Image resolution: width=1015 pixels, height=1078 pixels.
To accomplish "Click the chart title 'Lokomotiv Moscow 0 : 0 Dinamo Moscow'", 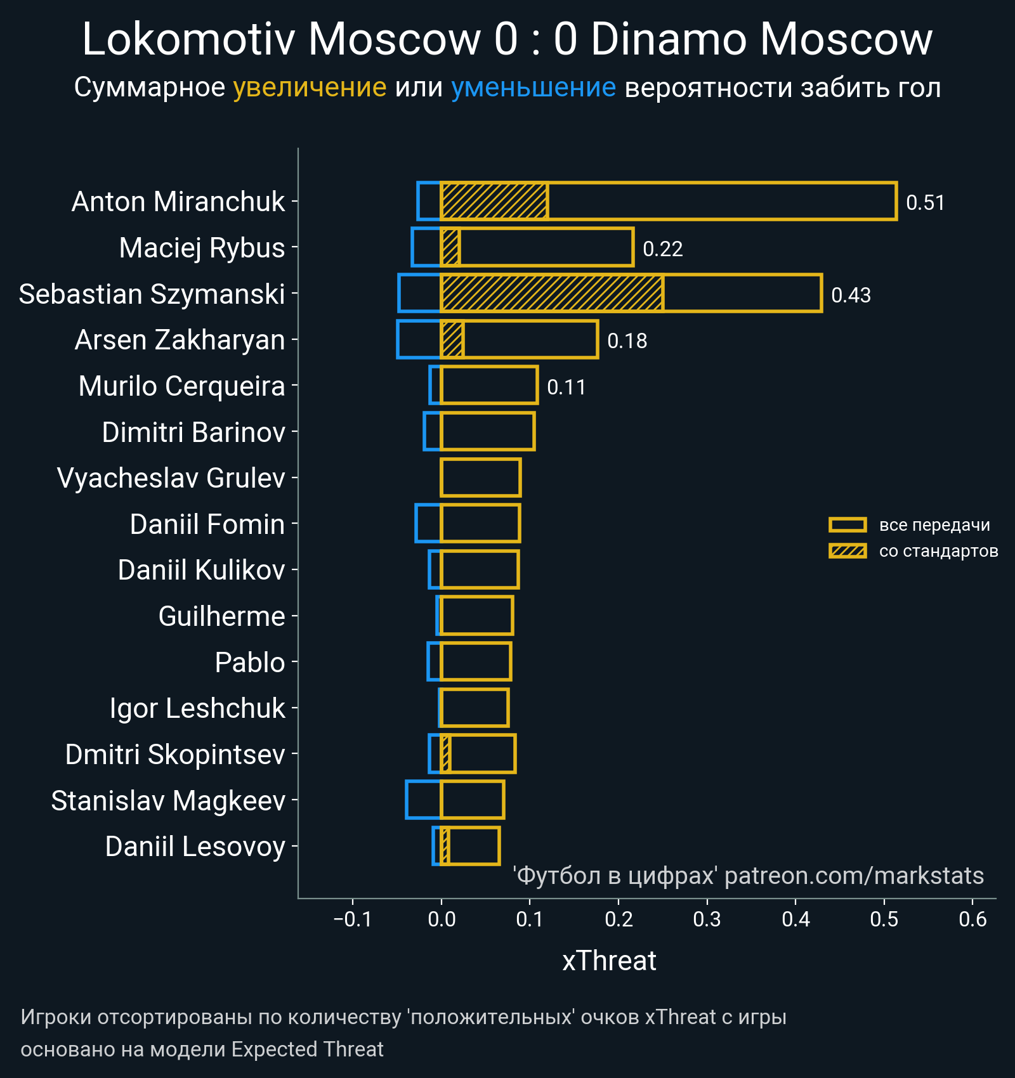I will [x=507, y=39].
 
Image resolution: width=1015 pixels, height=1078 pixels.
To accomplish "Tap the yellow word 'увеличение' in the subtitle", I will [x=310, y=88].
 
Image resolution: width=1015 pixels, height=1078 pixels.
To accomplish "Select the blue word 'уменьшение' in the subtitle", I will [x=533, y=88].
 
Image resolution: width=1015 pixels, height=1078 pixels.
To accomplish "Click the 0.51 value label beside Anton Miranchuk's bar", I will [x=925, y=203].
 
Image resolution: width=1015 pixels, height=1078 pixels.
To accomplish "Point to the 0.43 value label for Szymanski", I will [x=851, y=295].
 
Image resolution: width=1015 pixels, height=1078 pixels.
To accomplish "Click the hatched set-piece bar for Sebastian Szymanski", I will [x=552, y=293].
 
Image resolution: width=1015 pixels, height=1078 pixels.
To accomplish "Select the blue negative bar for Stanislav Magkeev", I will [x=423, y=800].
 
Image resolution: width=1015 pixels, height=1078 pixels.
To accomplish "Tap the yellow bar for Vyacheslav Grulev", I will [x=481, y=477].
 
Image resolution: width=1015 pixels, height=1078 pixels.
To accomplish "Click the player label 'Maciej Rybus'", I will [x=202, y=248].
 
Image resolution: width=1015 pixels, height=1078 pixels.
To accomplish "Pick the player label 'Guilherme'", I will [x=221, y=616].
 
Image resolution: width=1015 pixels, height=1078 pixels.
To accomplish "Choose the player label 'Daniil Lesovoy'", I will [x=195, y=847].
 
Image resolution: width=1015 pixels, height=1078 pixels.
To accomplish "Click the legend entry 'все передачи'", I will [x=934, y=525].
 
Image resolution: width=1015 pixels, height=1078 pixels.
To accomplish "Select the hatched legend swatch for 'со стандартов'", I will [x=848, y=551].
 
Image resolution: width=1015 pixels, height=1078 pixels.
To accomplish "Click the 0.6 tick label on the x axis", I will [x=972, y=919].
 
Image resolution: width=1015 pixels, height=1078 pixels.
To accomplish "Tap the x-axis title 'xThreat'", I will [x=609, y=961].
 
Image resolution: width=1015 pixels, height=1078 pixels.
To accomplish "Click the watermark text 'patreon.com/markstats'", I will [x=854, y=876].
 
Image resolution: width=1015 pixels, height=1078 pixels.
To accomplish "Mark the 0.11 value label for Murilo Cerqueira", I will [x=566, y=387].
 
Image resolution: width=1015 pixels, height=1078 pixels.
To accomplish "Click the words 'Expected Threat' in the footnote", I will [x=307, y=1049].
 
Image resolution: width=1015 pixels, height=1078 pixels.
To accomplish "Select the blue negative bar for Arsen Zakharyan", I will [x=419, y=339].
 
